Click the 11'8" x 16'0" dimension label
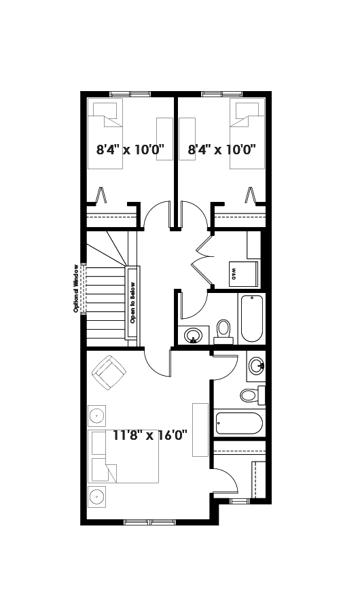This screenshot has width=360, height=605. click(150, 435)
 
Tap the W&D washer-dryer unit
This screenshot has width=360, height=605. click(244, 274)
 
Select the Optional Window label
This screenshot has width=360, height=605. click(76, 288)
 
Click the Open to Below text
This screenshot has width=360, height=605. click(132, 303)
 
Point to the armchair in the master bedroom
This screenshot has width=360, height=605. click(109, 373)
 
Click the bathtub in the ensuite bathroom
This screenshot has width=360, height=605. click(239, 423)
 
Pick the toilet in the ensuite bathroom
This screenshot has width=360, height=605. click(253, 395)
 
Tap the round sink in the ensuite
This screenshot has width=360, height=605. click(257, 366)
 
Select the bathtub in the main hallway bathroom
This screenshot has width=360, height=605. click(252, 318)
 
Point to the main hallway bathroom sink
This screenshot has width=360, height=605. click(192, 335)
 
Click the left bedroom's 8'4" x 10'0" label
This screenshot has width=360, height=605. click(130, 149)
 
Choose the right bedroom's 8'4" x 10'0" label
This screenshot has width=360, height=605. click(222, 149)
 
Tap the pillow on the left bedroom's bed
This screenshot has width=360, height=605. click(105, 110)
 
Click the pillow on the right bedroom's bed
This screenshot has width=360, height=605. click(247, 110)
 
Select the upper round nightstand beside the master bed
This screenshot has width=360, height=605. click(96, 416)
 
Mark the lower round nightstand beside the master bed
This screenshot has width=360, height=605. click(96, 497)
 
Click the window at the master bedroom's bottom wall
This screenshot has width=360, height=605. click(149, 523)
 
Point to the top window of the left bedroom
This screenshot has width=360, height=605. click(130, 94)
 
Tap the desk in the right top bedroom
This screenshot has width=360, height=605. click(187, 139)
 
